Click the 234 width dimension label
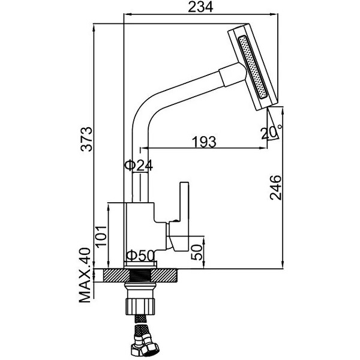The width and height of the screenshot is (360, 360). [x=200, y=7]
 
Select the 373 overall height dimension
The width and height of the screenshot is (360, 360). [x=86, y=139]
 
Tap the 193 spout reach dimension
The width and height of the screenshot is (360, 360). [x=204, y=142]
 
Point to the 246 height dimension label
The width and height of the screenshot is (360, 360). [x=275, y=188]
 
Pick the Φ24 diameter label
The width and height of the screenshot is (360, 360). [x=139, y=166]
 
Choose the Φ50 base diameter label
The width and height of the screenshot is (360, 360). [x=140, y=256]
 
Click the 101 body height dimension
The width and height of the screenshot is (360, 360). [x=101, y=237]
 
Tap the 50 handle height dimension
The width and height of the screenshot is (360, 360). [x=197, y=252]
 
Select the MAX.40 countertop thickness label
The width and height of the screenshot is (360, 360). [x=85, y=275]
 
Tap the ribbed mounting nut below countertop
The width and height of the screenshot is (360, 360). [x=140, y=307]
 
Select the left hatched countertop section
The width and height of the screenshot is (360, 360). [x=116, y=275]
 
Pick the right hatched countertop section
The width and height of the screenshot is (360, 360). [x=163, y=275]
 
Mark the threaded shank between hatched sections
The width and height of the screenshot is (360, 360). [x=140, y=275]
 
